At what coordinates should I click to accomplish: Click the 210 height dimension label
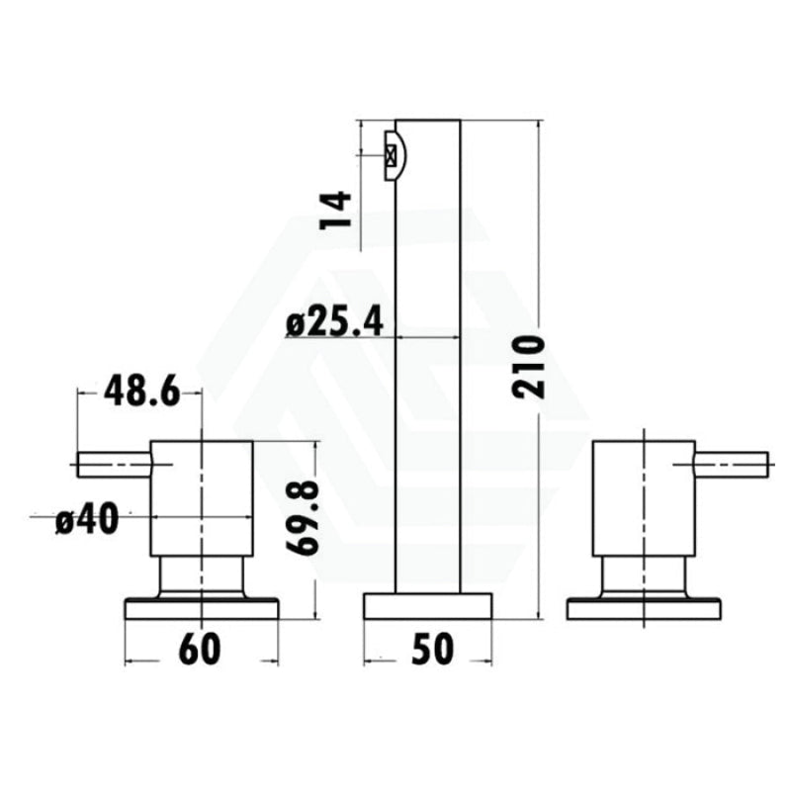click(x=528, y=367)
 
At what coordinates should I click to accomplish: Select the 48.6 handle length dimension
click(x=141, y=391)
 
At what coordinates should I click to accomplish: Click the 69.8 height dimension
click(x=303, y=517)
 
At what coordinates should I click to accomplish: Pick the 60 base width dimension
click(x=200, y=650)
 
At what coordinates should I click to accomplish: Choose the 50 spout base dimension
click(x=432, y=650)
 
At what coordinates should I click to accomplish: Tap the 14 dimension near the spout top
click(x=335, y=210)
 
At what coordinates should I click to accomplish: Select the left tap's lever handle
click(x=115, y=464)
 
